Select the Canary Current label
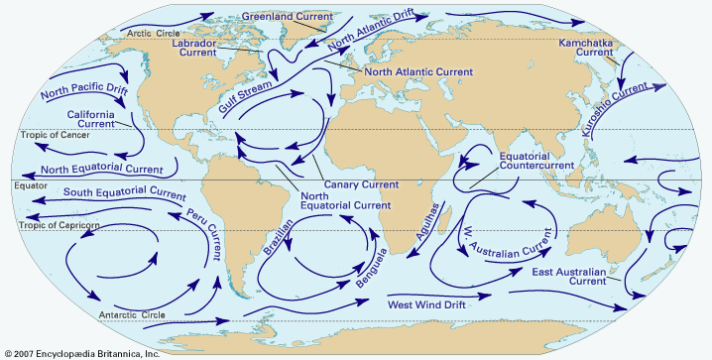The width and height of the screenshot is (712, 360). [x=361, y=184]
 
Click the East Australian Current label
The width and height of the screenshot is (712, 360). [x=594, y=277]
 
